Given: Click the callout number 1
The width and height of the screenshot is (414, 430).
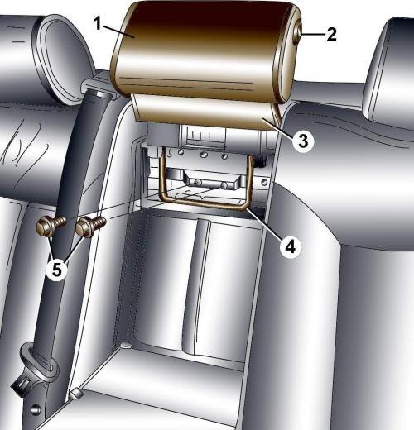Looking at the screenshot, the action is (98, 23).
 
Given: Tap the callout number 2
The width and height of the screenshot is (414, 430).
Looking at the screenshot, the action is (331, 35).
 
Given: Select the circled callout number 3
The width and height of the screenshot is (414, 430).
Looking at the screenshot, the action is (303, 141).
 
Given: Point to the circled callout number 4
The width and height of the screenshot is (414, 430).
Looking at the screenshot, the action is (290, 246).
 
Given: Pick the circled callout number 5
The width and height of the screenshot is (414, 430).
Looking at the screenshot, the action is (56, 270).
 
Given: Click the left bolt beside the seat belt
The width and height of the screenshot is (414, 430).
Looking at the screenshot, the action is (51, 226).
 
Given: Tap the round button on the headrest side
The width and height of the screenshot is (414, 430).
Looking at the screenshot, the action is (297, 36).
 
